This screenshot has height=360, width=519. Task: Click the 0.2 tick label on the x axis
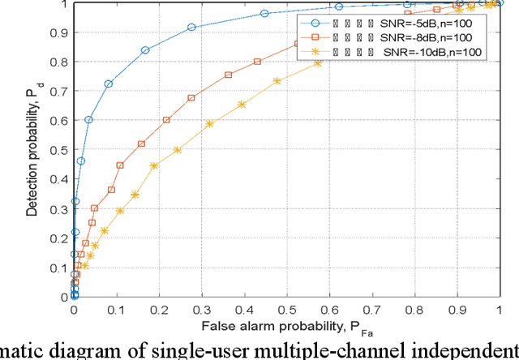tap(159, 311)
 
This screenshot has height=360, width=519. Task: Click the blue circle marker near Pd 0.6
tap(88, 119)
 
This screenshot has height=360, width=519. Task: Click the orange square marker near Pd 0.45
tap(120, 165)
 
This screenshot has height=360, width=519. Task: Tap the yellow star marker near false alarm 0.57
tap(318, 62)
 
